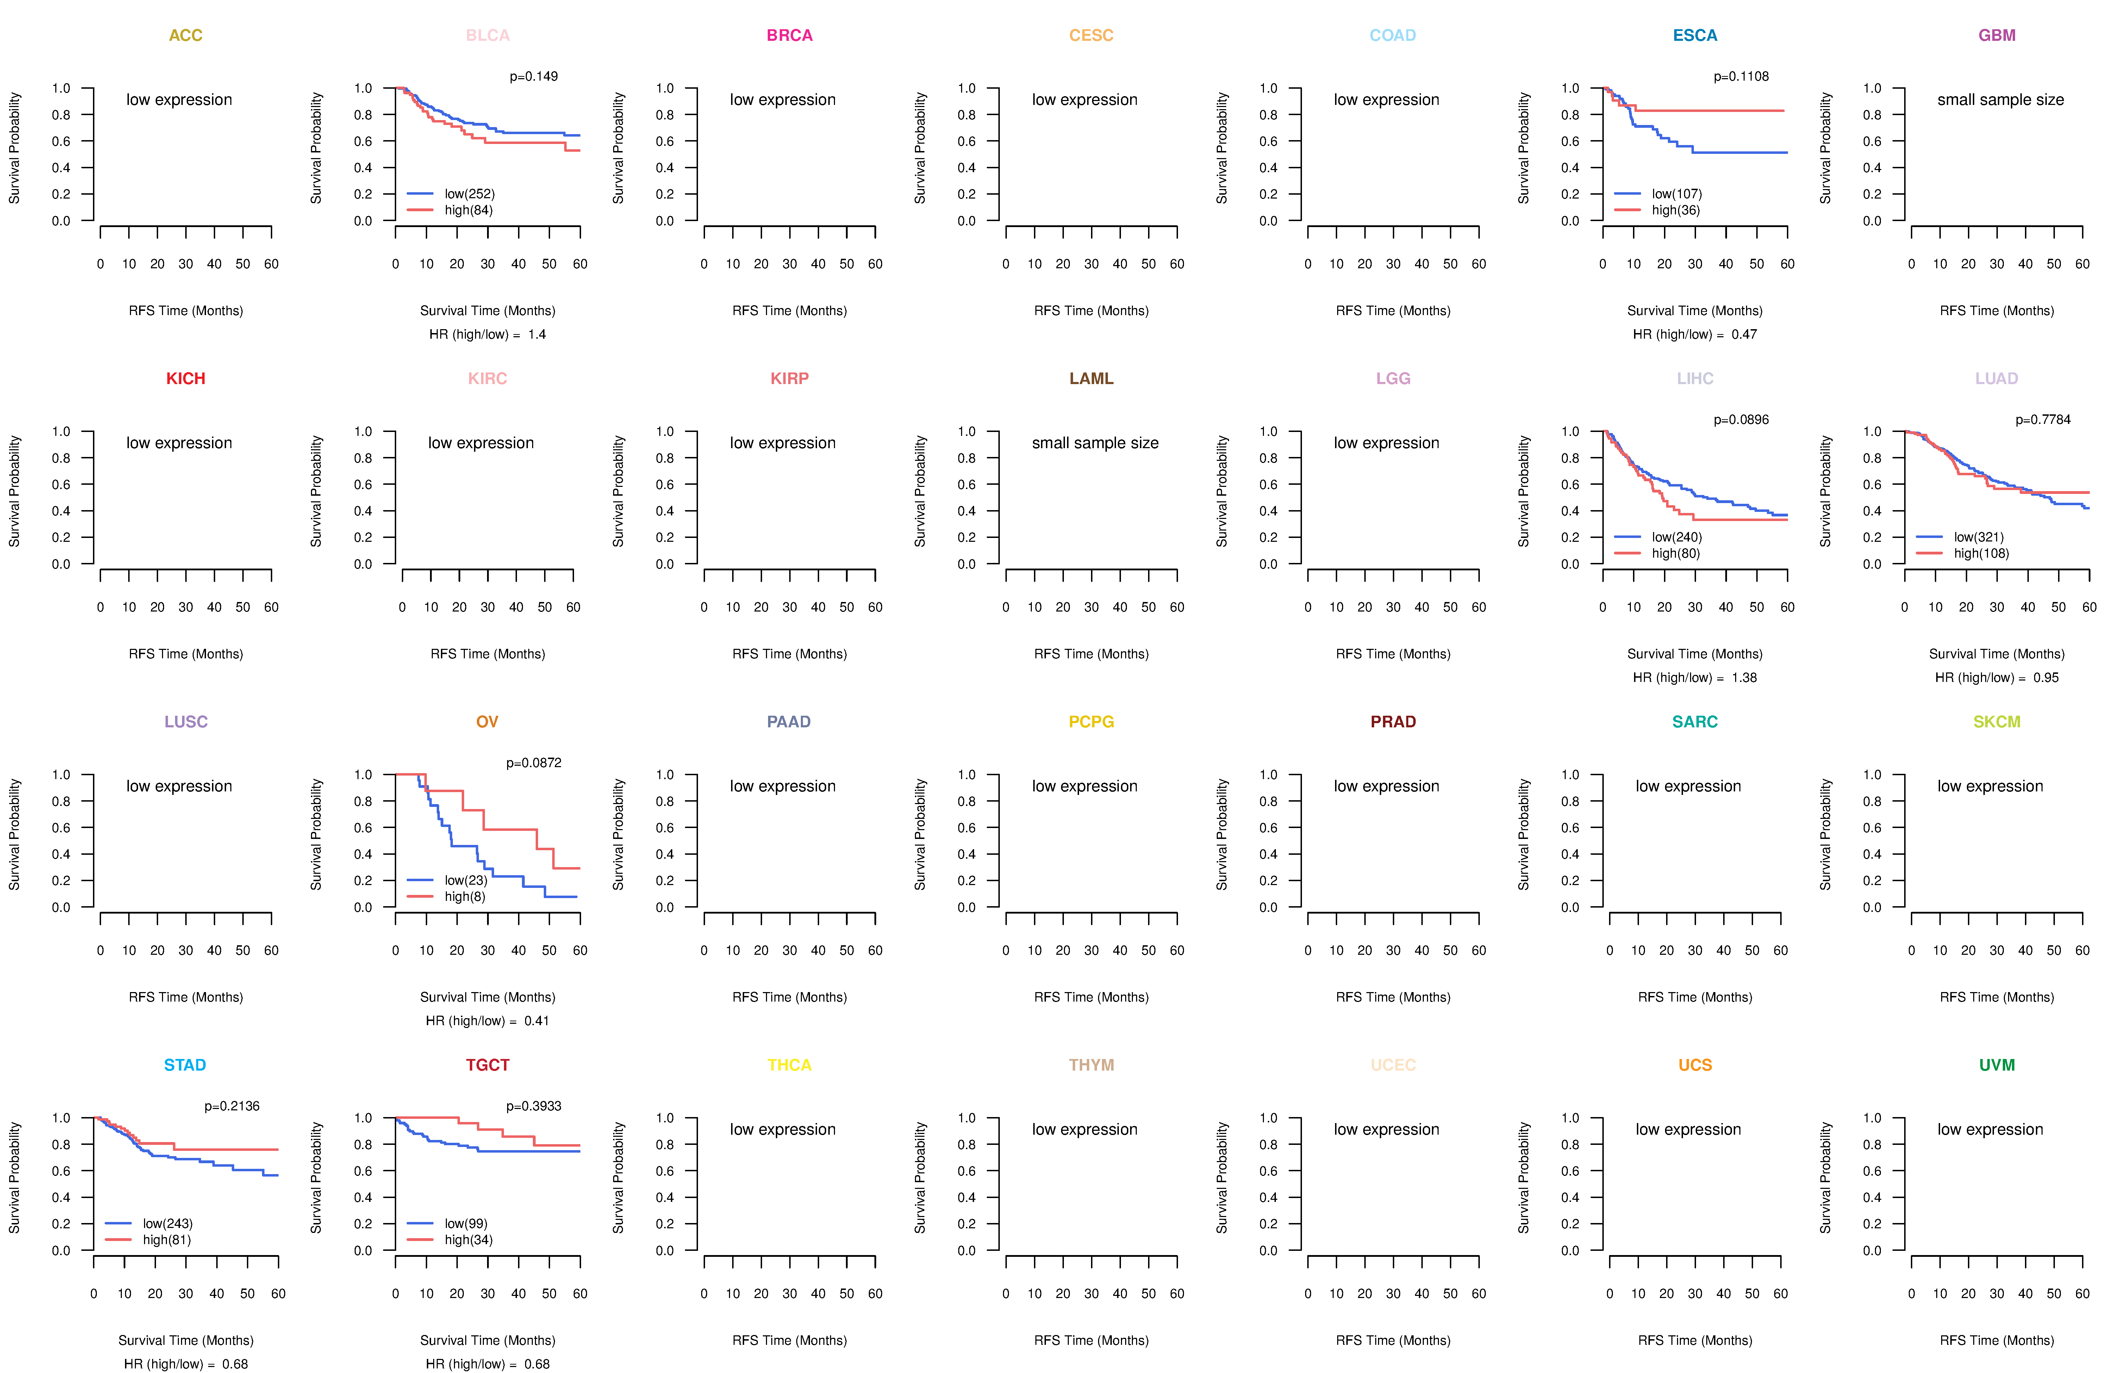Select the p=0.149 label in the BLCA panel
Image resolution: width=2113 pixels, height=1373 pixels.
(x=534, y=76)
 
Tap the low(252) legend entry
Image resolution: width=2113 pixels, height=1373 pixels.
(x=469, y=194)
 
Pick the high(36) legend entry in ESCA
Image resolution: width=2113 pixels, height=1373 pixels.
(x=1675, y=210)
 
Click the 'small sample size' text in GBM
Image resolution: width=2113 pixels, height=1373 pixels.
(x=2000, y=99)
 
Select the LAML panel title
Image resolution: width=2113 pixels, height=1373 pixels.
(x=1091, y=379)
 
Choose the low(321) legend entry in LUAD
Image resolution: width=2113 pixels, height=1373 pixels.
(x=1978, y=537)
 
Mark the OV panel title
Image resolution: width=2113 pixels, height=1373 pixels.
(x=487, y=722)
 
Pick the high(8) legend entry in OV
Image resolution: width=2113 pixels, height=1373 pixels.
(x=464, y=896)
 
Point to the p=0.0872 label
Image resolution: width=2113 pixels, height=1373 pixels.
(x=534, y=763)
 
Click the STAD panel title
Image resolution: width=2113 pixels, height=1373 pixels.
(x=185, y=1065)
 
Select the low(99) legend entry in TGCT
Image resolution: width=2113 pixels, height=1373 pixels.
(x=465, y=1224)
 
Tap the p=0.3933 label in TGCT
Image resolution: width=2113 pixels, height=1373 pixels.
(x=534, y=1107)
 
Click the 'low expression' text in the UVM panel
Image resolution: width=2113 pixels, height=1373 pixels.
(x=1990, y=1130)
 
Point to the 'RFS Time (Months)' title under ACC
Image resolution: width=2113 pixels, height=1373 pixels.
(x=186, y=311)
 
